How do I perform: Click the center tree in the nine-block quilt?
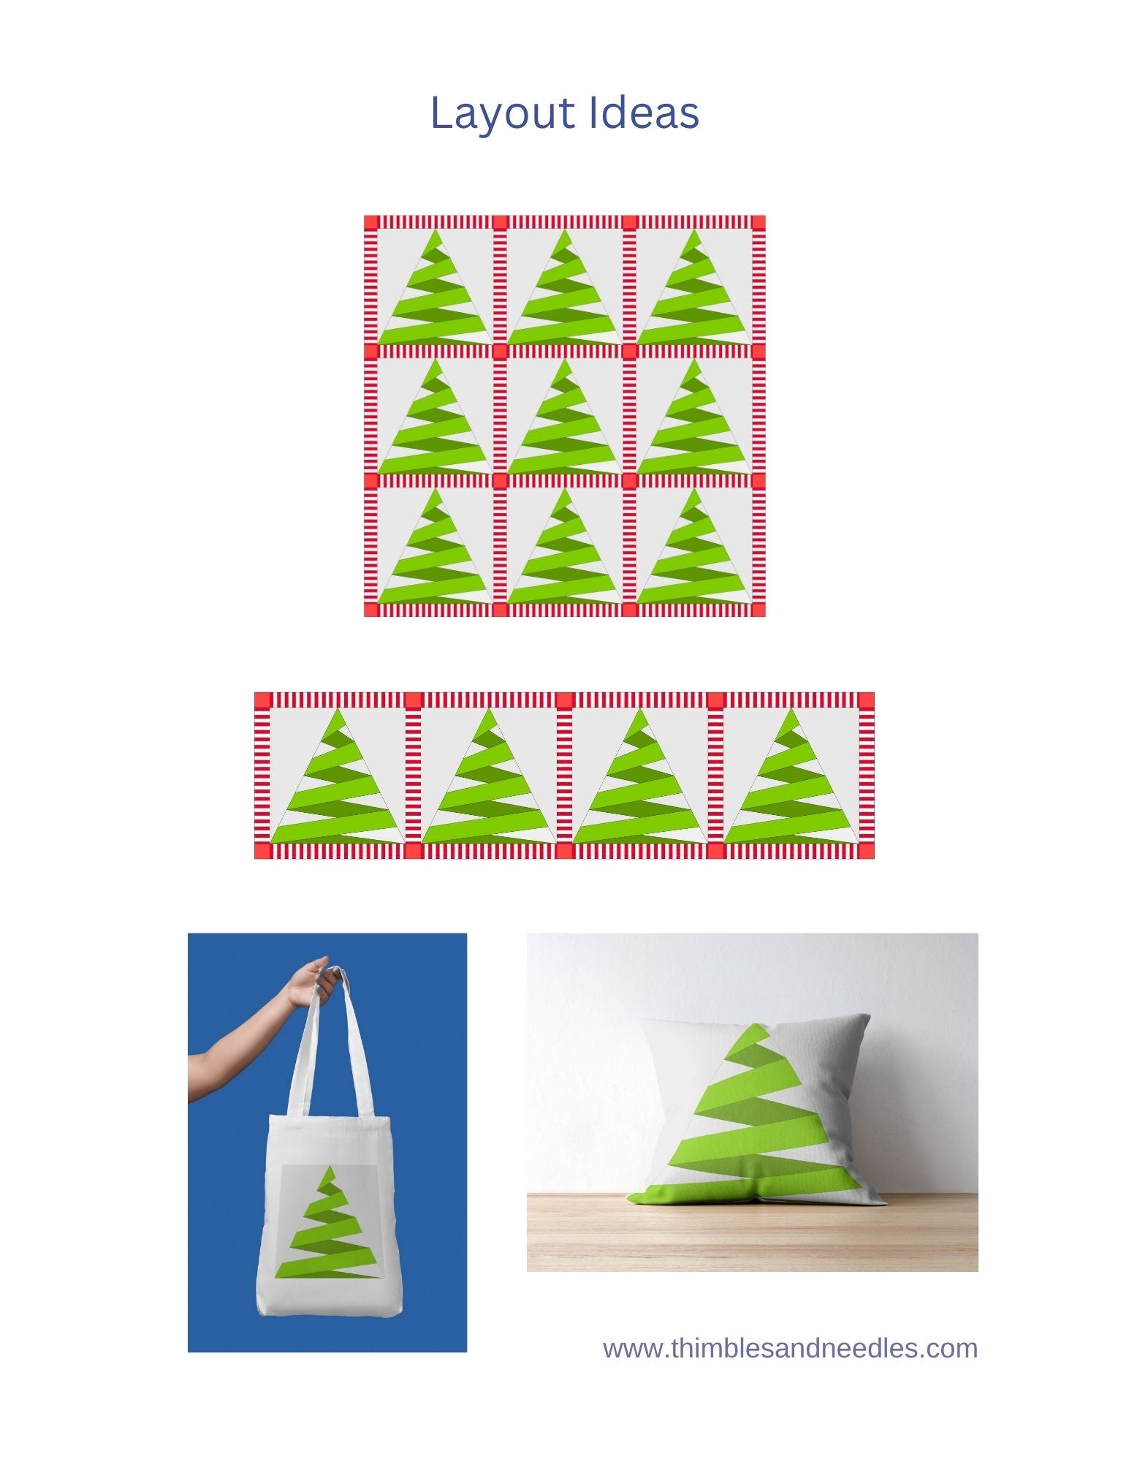[564, 417]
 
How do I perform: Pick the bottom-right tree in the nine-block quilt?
[693, 546]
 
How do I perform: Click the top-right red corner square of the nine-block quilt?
[758, 222]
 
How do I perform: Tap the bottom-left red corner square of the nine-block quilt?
[371, 610]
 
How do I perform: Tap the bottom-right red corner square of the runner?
[866, 850]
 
